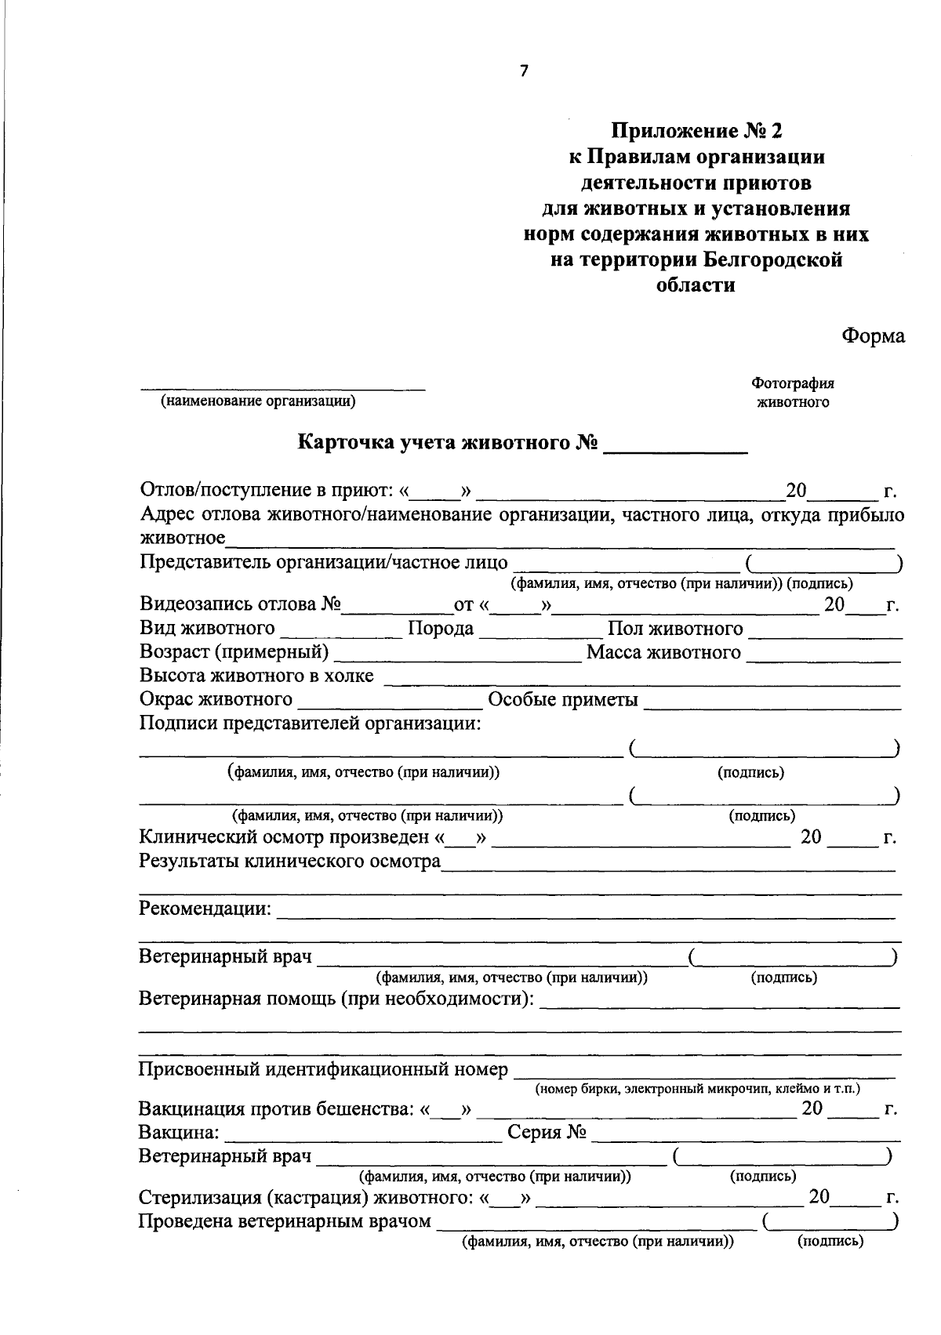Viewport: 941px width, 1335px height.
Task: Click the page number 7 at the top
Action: tap(524, 71)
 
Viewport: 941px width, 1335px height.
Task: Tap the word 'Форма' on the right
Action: tap(873, 336)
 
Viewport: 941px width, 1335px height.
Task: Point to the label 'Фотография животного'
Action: tap(793, 393)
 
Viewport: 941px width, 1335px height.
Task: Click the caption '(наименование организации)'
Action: tap(258, 402)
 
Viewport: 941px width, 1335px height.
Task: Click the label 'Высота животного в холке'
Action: tap(256, 676)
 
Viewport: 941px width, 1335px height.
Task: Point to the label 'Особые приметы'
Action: tap(562, 699)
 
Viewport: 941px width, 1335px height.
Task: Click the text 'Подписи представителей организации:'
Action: tap(310, 723)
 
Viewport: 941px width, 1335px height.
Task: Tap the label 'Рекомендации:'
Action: tap(205, 909)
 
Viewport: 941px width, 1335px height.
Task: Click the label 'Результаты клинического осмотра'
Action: tap(289, 862)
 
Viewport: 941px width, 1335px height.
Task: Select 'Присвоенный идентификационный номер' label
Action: tap(323, 1069)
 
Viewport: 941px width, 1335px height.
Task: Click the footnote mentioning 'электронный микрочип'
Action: tap(697, 1089)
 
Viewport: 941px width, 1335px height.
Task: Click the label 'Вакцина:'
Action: tap(180, 1134)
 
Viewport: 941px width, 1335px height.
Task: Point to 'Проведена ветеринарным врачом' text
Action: tap(285, 1221)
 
